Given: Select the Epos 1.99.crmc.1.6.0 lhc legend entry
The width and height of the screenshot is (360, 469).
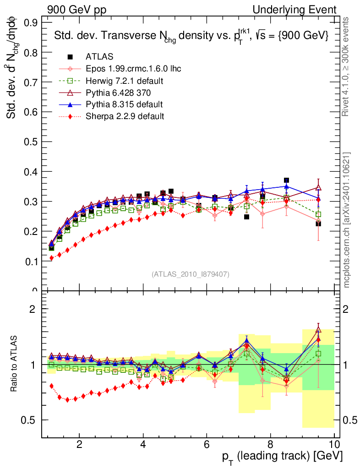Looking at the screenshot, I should point(133,69).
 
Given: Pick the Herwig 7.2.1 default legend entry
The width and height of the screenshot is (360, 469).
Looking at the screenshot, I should point(125,81).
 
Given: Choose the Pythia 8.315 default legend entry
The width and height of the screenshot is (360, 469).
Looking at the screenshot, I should point(124,104).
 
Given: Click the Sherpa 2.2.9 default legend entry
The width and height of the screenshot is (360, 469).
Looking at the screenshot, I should point(125,116).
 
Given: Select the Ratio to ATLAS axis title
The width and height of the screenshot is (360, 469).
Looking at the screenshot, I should point(13,364).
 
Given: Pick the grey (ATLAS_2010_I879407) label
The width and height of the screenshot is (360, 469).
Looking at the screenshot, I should point(190,274).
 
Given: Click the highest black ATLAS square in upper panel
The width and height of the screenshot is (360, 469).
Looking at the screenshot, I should point(286,180).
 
